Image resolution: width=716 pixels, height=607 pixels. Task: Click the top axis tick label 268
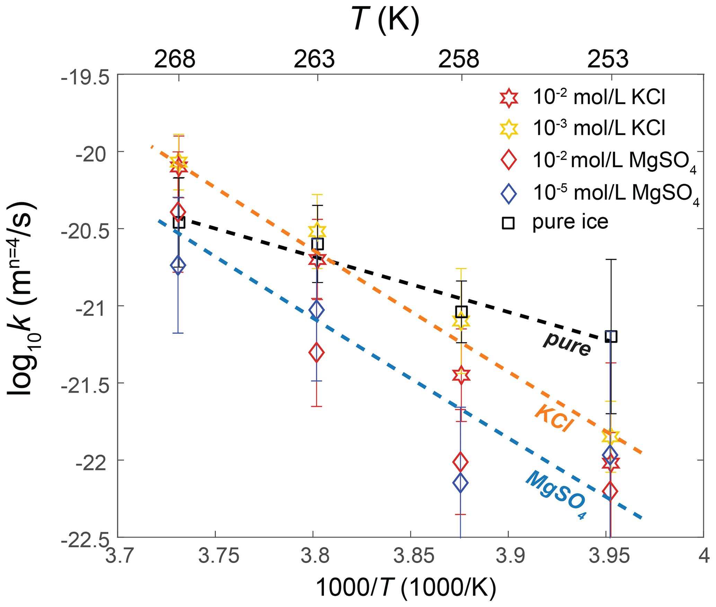tap(175, 59)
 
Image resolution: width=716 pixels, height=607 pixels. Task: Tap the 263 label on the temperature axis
tap(314, 59)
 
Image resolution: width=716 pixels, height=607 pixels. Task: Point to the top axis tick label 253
tap(608, 59)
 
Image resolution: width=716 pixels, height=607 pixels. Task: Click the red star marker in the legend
tap(509, 98)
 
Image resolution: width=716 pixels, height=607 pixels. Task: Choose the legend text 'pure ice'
tap(570, 222)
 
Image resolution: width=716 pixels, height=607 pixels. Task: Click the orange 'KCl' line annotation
tap(554, 418)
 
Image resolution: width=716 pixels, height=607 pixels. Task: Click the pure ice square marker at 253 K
tap(611, 336)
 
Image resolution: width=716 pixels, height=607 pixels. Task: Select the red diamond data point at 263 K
tap(316, 353)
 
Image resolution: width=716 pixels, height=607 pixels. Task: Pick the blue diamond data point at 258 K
tap(460, 482)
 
